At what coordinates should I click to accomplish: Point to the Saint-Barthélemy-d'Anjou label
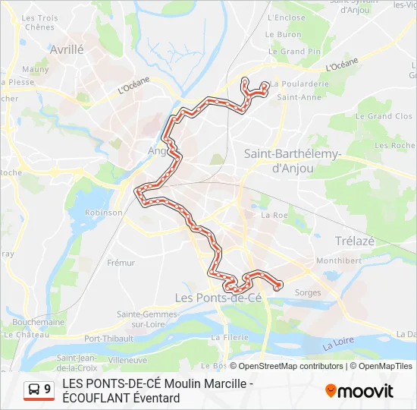[293, 161]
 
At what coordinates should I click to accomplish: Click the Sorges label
[308, 292]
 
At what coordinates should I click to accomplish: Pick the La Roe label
[274, 215]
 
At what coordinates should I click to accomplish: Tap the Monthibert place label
[339, 260]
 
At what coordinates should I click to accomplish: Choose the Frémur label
[121, 263]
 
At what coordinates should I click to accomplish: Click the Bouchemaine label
[39, 322]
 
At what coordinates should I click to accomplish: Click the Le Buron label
[283, 34]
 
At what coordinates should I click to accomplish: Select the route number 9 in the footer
[48, 389]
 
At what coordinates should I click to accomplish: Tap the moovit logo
[359, 391]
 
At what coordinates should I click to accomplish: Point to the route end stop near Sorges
[279, 285]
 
